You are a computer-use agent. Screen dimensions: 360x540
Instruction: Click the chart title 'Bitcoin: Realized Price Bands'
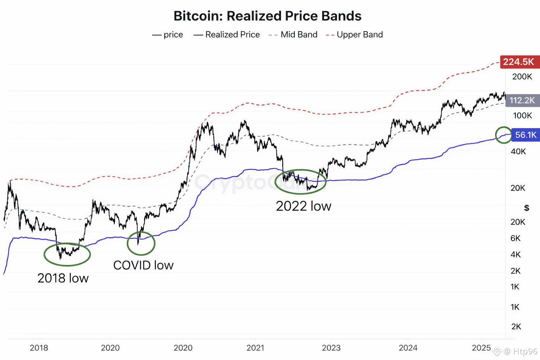267,16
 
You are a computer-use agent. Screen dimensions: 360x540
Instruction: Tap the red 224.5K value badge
519,62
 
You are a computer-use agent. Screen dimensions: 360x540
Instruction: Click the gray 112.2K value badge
522,100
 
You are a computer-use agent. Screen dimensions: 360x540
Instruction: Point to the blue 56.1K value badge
526,135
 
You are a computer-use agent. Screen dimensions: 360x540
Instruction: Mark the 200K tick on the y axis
522,77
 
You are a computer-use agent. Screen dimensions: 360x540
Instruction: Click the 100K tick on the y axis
522,116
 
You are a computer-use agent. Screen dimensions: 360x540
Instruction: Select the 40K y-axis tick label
518,152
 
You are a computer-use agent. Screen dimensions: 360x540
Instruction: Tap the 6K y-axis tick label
515,238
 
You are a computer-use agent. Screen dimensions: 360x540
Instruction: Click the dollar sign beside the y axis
526,208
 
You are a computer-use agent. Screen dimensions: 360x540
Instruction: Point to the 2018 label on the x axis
39,348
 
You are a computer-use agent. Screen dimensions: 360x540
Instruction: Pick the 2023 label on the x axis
331,348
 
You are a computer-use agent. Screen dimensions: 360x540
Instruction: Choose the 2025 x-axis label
481,348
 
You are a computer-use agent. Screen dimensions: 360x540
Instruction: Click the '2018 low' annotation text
63,278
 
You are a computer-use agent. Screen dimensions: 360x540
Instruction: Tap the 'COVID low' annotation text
143,265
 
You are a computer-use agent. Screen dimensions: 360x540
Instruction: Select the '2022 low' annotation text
303,206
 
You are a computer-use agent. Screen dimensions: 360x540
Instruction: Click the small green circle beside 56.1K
503,135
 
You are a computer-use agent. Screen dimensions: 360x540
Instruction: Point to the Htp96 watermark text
525,351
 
